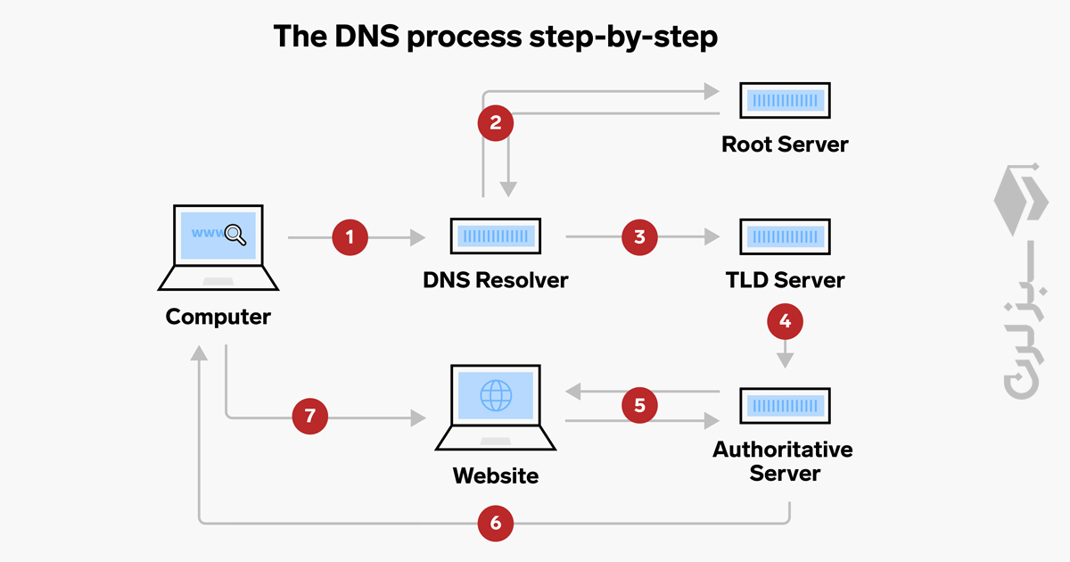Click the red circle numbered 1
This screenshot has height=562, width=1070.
click(x=350, y=237)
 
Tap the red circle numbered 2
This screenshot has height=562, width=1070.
click(x=496, y=122)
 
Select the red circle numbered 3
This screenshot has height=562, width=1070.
click(x=639, y=237)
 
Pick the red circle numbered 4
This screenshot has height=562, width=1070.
click(x=785, y=321)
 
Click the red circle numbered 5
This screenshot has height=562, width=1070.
click(x=639, y=406)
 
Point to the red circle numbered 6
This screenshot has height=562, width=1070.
click(x=496, y=523)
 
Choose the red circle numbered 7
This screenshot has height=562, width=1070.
click(x=310, y=416)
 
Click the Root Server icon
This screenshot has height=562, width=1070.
click(x=785, y=101)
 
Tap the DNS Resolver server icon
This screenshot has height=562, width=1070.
click(x=495, y=236)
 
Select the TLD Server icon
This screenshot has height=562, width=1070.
click(x=785, y=236)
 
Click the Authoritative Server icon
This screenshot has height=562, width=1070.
click(x=785, y=406)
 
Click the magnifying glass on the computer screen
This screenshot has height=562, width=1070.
click(x=235, y=235)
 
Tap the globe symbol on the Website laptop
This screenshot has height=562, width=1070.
click(x=496, y=395)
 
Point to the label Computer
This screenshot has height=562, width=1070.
click(x=218, y=317)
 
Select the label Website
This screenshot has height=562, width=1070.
click(x=496, y=475)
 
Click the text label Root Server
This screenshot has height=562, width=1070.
click(x=785, y=144)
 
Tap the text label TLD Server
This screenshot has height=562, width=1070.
click(x=785, y=280)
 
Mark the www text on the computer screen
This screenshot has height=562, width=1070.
click(x=207, y=234)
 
